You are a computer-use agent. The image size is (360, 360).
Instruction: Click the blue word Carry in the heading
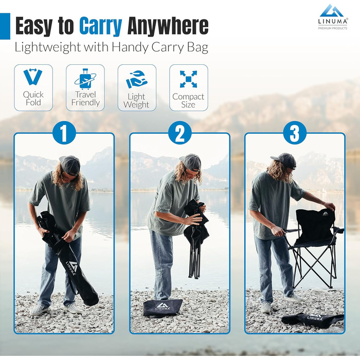pyautogui.click(x=101, y=26)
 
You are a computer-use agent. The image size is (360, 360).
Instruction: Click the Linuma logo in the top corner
pyautogui.click(x=333, y=17)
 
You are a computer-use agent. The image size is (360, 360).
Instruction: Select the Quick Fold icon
pyautogui.click(x=33, y=77)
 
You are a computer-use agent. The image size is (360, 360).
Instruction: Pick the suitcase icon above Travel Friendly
pyautogui.click(x=85, y=79)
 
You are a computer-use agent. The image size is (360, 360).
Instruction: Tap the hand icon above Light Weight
pyautogui.click(x=137, y=79)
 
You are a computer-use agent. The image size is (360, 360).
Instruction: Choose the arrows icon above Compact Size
pyautogui.click(x=188, y=79)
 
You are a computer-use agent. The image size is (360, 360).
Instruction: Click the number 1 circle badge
pyautogui.click(x=64, y=133)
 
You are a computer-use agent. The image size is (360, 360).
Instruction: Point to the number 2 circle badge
pyautogui.click(x=180, y=133)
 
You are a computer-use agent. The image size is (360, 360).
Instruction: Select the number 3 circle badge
pyautogui.click(x=295, y=133)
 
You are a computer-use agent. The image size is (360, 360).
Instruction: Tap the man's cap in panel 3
pyautogui.click(x=284, y=160)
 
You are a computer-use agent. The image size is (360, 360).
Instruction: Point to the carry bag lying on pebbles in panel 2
pyautogui.click(x=163, y=308)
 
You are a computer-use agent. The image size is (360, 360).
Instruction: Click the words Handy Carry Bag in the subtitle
pyautogui.click(x=160, y=47)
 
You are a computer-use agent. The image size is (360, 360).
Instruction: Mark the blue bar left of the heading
pyautogui.click(x=5, y=26)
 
